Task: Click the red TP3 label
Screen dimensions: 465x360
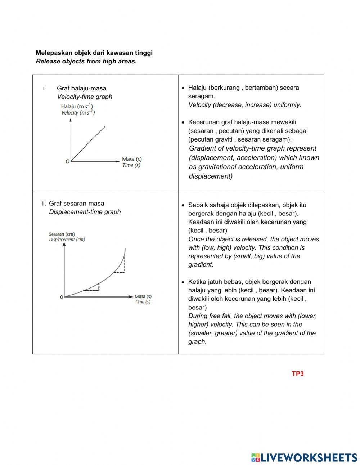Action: (x=298, y=374)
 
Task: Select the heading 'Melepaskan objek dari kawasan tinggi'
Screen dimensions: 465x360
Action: (x=94, y=53)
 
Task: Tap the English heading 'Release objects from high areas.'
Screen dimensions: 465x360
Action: (x=86, y=61)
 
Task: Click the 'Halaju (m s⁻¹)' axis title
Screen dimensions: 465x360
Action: (x=77, y=106)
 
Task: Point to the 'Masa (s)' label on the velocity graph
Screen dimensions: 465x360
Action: (x=132, y=159)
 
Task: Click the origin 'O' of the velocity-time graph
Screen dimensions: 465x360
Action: (x=67, y=161)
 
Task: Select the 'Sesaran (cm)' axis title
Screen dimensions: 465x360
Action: (x=62, y=234)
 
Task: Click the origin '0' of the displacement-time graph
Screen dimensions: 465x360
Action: (x=62, y=297)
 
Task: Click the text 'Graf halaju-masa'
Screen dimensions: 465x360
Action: (x=81, y=88)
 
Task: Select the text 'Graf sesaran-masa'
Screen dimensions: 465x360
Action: (x=77, y=203)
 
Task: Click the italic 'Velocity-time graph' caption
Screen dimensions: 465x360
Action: (x=85, y=97)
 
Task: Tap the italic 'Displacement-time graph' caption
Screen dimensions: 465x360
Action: (x=85, y=212)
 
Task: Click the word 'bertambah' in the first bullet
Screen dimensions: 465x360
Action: (x=260, y=88)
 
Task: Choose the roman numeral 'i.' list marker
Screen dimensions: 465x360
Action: (x=45, y=88)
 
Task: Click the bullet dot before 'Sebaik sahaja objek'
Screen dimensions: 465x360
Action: (x=183, y=205)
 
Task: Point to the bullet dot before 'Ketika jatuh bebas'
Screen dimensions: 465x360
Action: (x=183, y=282)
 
